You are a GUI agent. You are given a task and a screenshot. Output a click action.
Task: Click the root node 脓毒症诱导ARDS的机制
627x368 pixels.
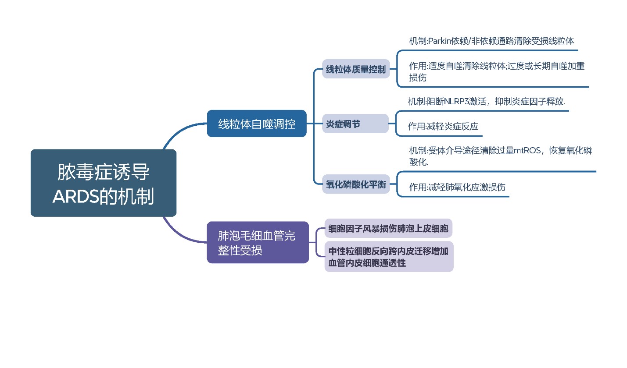pos(103,183)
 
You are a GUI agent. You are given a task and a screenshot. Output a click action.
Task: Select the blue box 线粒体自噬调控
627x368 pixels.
pos(257,124)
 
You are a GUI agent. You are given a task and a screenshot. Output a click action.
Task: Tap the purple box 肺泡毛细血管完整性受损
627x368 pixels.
pos(258,243)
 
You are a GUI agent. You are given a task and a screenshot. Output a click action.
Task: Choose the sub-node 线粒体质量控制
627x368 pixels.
pos(356,69)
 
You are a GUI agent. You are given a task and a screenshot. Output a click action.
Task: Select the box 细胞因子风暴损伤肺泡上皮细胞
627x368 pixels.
pos(388,228)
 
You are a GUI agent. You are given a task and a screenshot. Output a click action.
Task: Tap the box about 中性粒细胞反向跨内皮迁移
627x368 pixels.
pos(388,257)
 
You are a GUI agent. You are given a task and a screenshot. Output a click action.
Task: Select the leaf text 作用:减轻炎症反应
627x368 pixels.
pos(443,127)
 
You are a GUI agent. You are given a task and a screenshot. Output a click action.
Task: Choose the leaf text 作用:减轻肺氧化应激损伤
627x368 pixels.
pos(457,187)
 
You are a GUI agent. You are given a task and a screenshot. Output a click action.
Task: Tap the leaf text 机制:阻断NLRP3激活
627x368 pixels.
pos(486,101)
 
